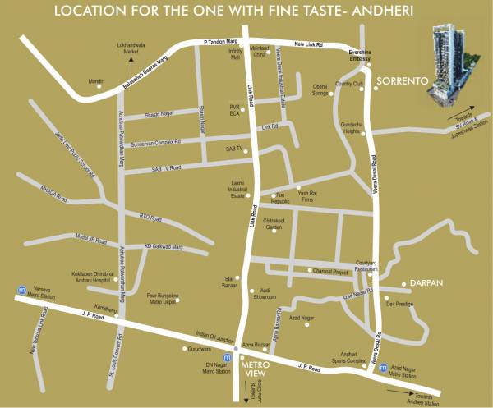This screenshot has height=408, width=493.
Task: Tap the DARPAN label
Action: click(x=426, y=282)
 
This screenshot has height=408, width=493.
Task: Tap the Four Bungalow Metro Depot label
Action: click(x=163, y=296)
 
